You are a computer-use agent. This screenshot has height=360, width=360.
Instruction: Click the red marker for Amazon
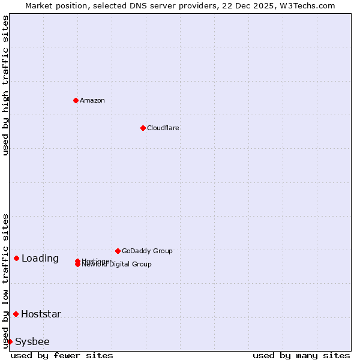pyautogui.click(x=76, y=100)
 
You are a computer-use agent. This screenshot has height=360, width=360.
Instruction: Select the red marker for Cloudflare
pyautogui.click(x=143, y=128)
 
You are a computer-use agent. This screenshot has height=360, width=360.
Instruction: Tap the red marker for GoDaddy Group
pyautogui.click(x=118, y=251)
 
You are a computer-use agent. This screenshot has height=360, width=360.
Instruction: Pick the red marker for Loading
pyautogui.click(x=16, y=258)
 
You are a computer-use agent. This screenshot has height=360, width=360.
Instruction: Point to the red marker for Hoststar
pyautogui.click(x=16, y=314)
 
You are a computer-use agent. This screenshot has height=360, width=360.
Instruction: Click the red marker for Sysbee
pyautogui.click(x=10, y=341)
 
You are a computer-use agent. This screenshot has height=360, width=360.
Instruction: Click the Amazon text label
pyautogui.click(x=92, y=100)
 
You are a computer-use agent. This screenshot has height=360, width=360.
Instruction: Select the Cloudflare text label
pyautogui.click(x=163, y=128)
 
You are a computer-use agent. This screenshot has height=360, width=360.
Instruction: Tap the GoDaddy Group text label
pyautogui.click(x=147, y=251)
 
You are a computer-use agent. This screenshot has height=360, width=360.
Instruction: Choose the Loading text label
pyautogui.click(x=40, y=259)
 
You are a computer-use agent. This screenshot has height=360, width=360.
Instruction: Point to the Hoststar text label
pyautogui.click(x=41, y=314)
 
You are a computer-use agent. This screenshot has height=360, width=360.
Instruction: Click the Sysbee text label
pyautogui.click(x=32, y=342)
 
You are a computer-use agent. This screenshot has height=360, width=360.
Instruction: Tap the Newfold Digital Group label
pyautogui.click(x=117, y=264)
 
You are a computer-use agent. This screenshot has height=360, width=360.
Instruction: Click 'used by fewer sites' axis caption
pyautogui.click(x=62, y=355)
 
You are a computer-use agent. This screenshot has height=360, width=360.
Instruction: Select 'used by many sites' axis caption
pyautogui.click(x=301, y=355)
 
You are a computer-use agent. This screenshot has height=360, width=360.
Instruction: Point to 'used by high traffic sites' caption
pyautogui.click(x=5, y=86)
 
